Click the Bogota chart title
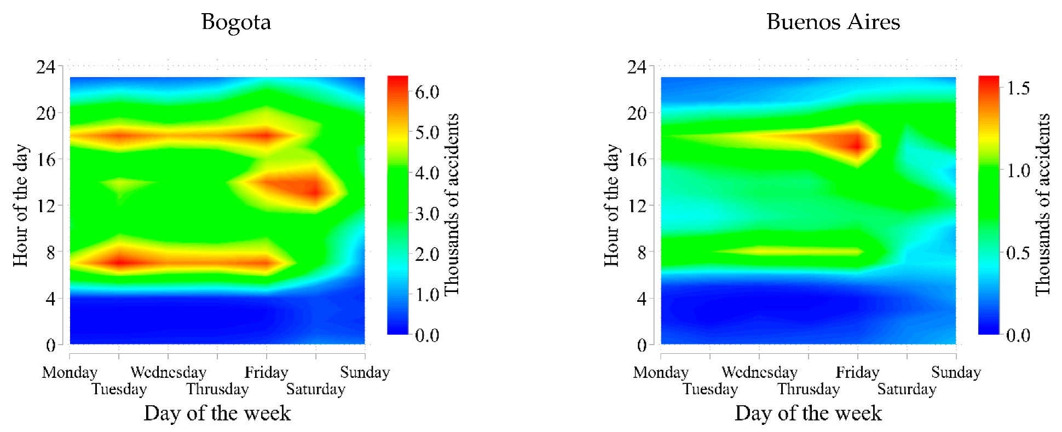236,22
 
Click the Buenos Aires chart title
833,22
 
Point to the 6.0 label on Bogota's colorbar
427,92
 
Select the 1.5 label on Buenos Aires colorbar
1018,88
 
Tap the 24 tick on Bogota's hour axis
46,67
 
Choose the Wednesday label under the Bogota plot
168,372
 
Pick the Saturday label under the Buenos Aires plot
907,389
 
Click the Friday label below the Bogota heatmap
266,372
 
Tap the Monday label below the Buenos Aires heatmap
661,372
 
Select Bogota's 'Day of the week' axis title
217,413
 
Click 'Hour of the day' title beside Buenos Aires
611,206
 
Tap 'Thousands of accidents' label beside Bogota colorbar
451,205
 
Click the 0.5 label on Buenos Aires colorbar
1018,253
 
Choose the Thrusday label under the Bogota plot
217,389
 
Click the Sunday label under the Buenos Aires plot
956,372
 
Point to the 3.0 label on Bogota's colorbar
427,214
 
